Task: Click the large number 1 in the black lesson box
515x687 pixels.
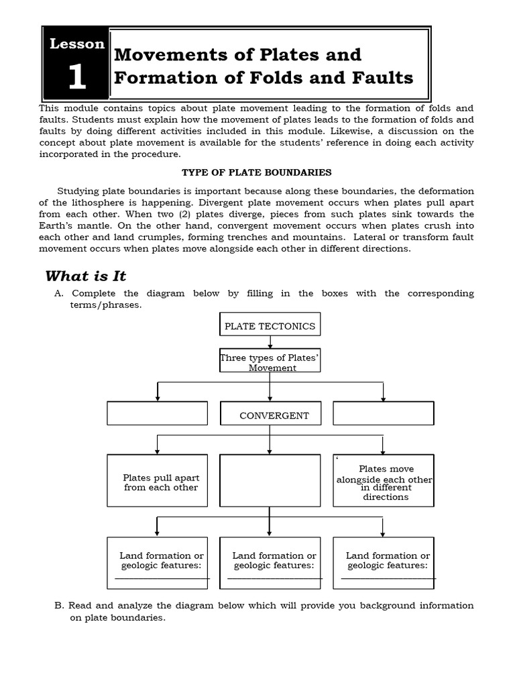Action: (76, 78)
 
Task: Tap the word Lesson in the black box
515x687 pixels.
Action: (76, 44)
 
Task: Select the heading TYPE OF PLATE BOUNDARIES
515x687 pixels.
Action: (257, 172)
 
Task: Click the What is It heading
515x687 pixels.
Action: (86, 276)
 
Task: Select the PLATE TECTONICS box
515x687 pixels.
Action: (270, 326)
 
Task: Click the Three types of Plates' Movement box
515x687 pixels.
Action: (270, 363)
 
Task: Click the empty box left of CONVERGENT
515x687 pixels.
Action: (157, 413)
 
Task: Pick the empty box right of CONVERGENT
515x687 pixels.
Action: (383, 413)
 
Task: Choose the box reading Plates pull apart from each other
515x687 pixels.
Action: (157, 480)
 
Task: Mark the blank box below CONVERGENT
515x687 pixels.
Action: (270, 480)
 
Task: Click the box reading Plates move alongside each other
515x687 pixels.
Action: (383, 480)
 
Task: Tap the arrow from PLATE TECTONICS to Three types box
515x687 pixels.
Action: (270, 342)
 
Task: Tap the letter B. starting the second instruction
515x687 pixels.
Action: (59, 606)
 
